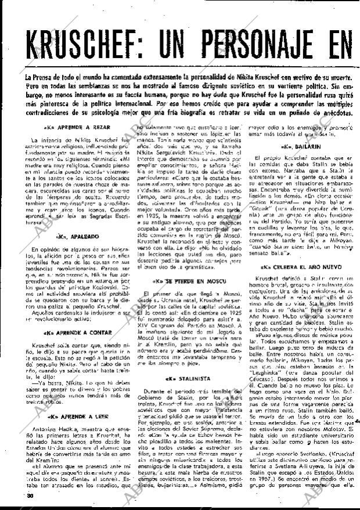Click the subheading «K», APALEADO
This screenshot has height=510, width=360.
pyautogui.click(x=71, y=237)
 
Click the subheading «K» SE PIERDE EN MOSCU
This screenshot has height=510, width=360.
pyautogui.click(x=184, y=281)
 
